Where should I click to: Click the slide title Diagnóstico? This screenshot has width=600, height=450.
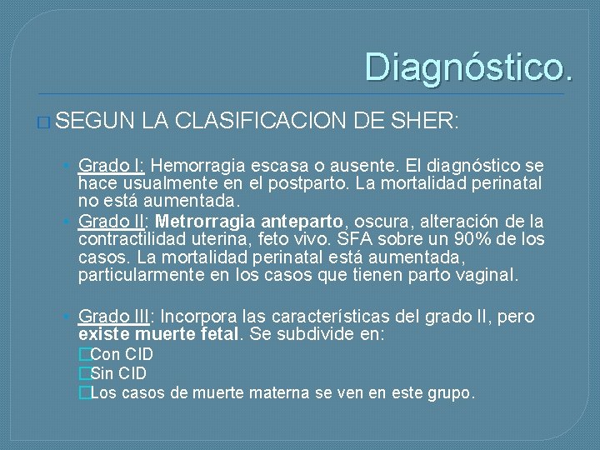point(468,67)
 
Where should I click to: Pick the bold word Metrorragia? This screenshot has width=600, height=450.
point(205,222)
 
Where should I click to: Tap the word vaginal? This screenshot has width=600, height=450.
point(486,275)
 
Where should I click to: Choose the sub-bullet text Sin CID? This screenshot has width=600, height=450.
point(117,373)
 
